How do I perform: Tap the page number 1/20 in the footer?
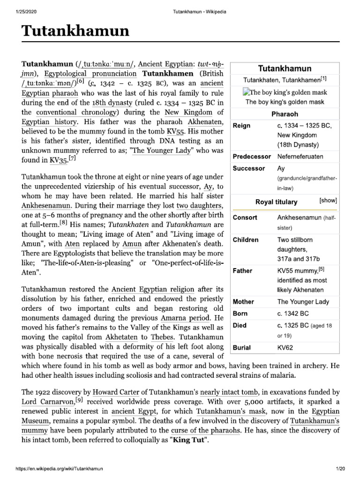click(340, 469)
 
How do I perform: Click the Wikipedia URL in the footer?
click(59, 469)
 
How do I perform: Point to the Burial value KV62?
click(286, 347)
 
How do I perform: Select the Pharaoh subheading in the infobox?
click(285, 114)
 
